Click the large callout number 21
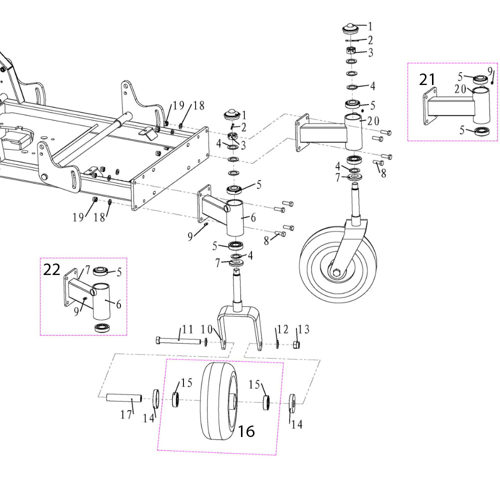pos(427,79)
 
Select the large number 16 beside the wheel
pos(246,431)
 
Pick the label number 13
pos(303,329)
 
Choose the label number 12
pos(283,329)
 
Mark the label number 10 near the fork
pos(206,330)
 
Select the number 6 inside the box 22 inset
pos(118,304)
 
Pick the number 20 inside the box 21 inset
pos(460,89)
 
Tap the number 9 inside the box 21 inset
pos(490,70)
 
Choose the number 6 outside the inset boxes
pos(253,217)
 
